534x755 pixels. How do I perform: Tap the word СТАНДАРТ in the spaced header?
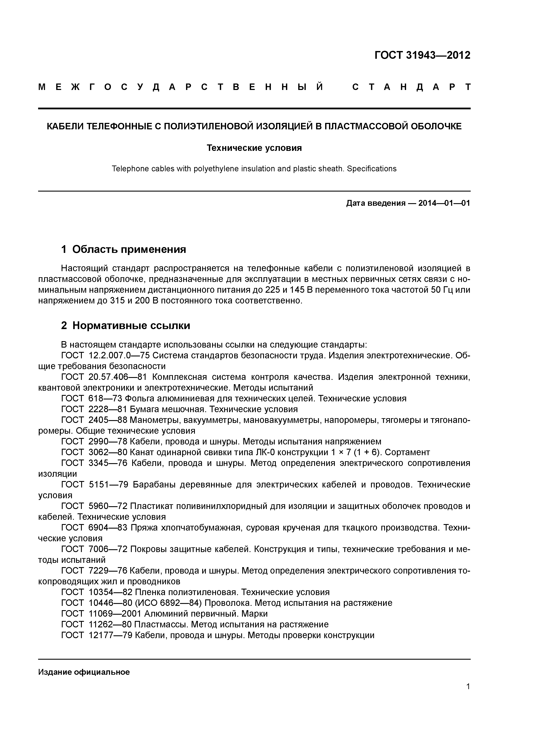tap(411, 87)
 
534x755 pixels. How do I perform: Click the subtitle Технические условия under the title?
tap(254, 148)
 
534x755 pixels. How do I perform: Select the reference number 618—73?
tap(105, 399)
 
